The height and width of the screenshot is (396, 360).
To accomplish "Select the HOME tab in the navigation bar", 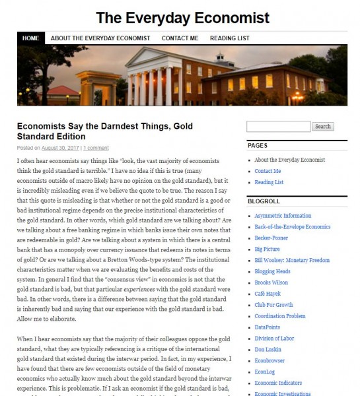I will pos(30,38).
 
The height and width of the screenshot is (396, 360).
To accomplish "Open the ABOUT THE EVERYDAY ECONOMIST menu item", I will pos(100,38).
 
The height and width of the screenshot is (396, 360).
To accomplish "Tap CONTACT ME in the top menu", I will pos(180,38).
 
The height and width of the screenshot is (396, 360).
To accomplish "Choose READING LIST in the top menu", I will pos(231,38).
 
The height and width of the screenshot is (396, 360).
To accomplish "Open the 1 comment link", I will pos(96,148).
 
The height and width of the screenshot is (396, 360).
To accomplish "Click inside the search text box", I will pos(277,126).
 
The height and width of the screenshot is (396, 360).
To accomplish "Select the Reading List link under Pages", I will pos(269,181).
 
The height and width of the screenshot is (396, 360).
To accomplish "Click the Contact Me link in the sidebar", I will pos(268,171).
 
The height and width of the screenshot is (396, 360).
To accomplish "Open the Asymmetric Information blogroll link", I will pos(283,216).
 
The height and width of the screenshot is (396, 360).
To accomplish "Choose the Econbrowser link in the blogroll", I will pos(271,361).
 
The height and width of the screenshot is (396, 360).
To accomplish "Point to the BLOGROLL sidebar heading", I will pos(264,200).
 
